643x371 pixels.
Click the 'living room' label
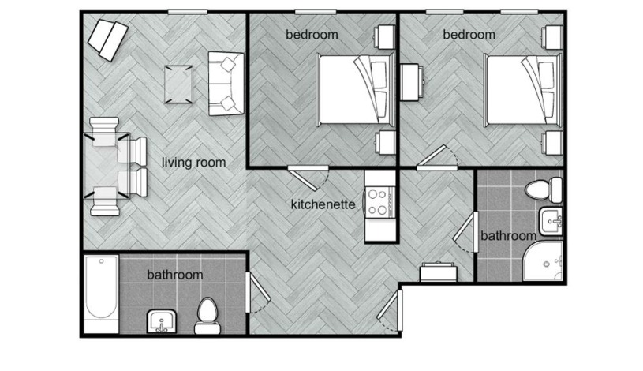[x=193, y=163]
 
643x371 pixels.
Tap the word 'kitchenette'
[x=323, y=204]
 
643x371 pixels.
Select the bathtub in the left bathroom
[x=101, y=294]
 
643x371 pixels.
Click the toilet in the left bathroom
[x=207, y=316]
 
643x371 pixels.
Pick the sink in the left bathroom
[x=162, y=321]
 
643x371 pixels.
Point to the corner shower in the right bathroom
[x=543, y=261]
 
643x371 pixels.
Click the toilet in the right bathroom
[x=544, y=189]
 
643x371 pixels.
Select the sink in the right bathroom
[x=551, y=221]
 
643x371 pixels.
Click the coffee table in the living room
[x=178, y=84]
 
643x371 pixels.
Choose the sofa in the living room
[x=226, y=84]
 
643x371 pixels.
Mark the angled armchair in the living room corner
[x=108, y=40]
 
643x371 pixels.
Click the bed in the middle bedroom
[x=356, y=89]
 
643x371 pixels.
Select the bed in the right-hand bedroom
[x=523, y=89]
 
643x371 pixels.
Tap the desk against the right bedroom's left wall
[x=411, y=82]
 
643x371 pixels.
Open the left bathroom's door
[x=256, y=292]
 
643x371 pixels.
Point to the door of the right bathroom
[x=468, y=232]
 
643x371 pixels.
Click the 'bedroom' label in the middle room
[x=312, y=35]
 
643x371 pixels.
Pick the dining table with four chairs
[x=107, y=166]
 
